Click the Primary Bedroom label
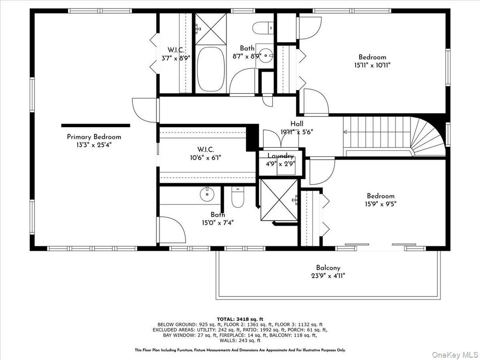94,137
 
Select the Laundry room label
281,156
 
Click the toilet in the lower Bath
237,196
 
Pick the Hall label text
296,124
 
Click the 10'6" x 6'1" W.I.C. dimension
206,158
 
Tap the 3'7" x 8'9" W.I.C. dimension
173,58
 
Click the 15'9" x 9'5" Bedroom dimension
381,204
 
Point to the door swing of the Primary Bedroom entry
143,110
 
